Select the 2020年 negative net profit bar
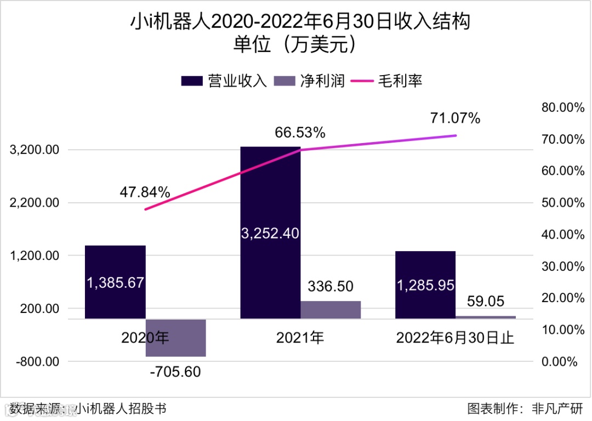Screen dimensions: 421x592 [x=175, y=338]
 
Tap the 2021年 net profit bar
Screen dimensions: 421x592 [x=331, y=310]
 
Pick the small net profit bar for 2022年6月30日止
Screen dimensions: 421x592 [x=486, y=317]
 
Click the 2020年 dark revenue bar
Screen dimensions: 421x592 [x=115, y=282]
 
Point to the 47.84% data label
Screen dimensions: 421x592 [x=145, y=192]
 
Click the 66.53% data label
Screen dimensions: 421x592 [x=300, y=133]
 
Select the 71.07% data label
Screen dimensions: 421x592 [x=456, y=118]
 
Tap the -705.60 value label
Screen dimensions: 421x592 [x=175, y=372]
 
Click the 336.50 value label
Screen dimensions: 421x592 [x=331, y=286]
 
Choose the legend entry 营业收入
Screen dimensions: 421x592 [x=224, y=81]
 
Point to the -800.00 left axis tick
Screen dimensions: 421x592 [x=36, y=362]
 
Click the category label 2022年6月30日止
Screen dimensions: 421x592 [x=455, y=338]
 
